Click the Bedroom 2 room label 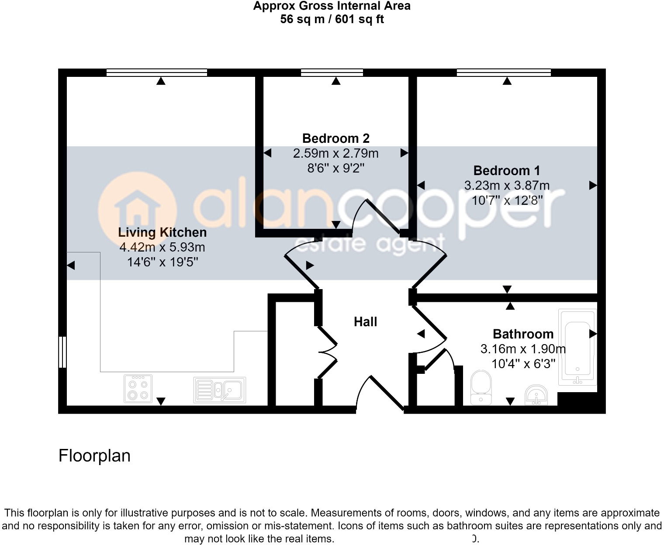pos(335,138)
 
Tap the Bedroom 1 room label pos(506,170)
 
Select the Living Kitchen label pos(162,232)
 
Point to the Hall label pos(365,322)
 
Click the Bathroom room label pos(523,334)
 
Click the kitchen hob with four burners pos(138,388)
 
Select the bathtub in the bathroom pos(577,347)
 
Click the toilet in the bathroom pos(481,387)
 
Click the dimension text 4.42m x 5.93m pos(162,247)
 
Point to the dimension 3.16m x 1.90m pos(523,349)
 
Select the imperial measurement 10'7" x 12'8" pos(507,200)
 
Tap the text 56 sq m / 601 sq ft pos(332,19)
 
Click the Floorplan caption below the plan pos(94,455)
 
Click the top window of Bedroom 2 pos(332,72)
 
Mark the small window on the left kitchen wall pos(62,352)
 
